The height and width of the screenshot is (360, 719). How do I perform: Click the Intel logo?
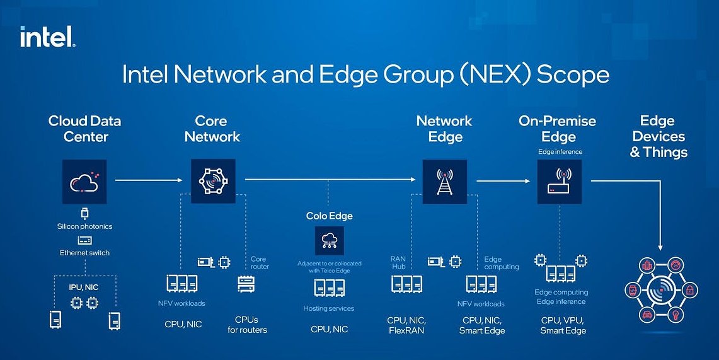(x=48, y=37)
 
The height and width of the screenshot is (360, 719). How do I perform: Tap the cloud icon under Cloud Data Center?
(x=84, y=182)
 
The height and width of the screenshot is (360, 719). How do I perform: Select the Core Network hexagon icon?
(x=213, y=182)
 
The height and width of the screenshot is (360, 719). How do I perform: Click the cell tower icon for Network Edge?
(x=445, y=182)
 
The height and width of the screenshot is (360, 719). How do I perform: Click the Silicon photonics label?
(x=84, y=226)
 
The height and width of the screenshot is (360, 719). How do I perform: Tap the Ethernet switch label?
(x=84, y=253)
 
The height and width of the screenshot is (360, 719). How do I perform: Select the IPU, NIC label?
(x=84, y=287)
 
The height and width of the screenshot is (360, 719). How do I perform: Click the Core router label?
(x=260, y=262)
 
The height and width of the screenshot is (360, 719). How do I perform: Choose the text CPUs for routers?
(x=247, y=325)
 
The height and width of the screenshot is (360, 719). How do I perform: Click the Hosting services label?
(x=329, y=308)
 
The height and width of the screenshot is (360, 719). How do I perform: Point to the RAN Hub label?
(x=398, y=262)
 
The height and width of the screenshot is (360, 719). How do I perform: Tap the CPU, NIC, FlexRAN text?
(x=406, y=325)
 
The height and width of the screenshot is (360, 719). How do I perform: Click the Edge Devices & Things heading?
(x=658, y=136)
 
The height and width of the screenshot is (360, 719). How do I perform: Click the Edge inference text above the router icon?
(x=560, y=152)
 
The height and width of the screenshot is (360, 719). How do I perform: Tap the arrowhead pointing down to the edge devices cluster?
(x=660, y=247)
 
